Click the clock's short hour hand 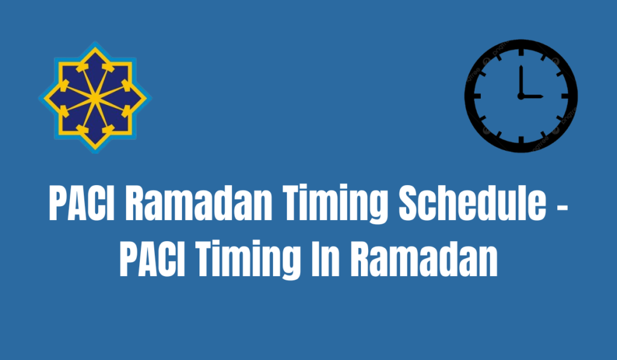[x=531, y=96]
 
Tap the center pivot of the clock [x=521, y=96]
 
